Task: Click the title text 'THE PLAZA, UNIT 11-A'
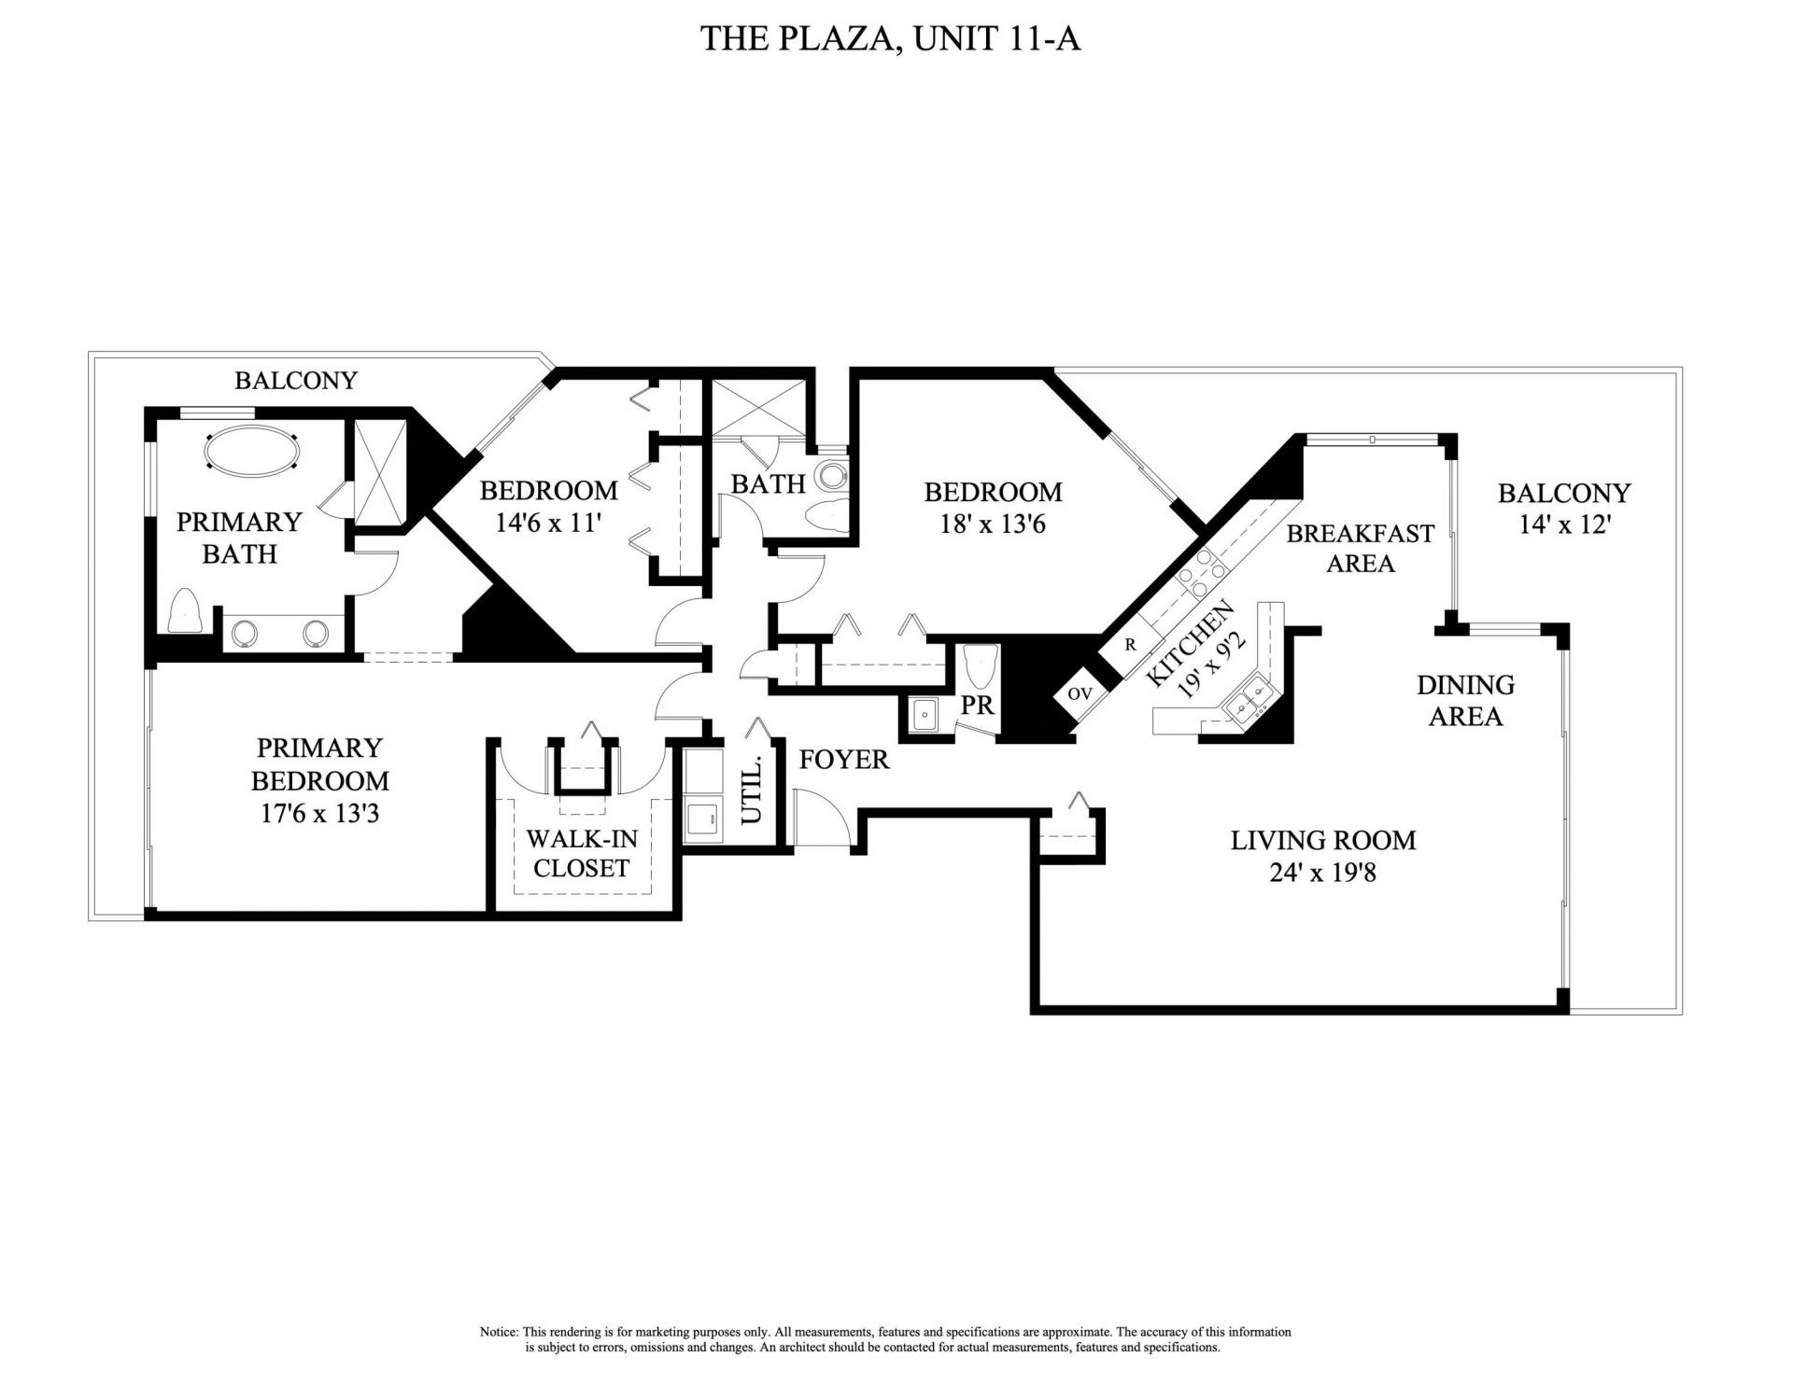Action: click(x=890, y=39)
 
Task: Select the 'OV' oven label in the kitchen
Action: click(x=1080, y=693)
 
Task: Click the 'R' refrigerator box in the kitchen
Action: click(x=1130, y=644)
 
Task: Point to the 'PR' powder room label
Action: click(x=977, y=706)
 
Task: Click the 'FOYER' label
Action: click(x=844, y=760)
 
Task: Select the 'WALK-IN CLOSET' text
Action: click(x=581, y=853)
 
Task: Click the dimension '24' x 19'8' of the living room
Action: click(x=1322, y=874)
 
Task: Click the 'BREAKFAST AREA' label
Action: click(x=1360, y=548)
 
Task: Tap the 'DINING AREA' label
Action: click(x=1465, y=700)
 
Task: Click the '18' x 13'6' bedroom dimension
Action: click(x=993, y=524)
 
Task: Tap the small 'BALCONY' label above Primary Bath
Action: click(x=295, y=381)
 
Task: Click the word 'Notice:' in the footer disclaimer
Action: click(x=499, y=1332)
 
